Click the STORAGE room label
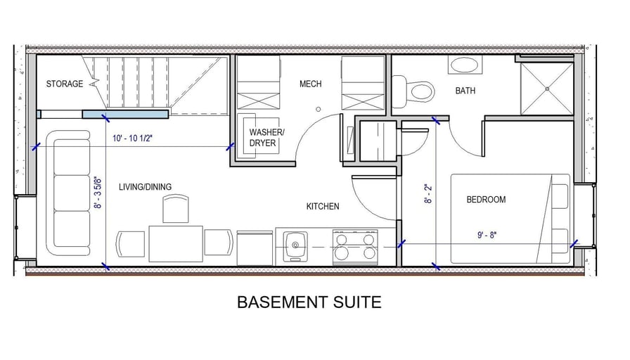point(64,84)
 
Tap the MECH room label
point(311,84)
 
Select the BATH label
point(465,91)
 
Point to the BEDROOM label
point(486,200)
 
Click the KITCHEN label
point(323,207)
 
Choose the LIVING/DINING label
point(145,187)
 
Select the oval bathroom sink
point(465,65)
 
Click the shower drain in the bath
point(547,89)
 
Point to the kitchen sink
point(295,246)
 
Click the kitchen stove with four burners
point(355,247)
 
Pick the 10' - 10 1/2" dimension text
point(132,139)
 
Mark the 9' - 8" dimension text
point(487,235)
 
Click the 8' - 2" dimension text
point(428,193)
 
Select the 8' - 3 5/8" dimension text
point(98,193)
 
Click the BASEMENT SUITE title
point(309,302)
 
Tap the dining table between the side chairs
point(176,244)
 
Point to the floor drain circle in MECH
point(319,109)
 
